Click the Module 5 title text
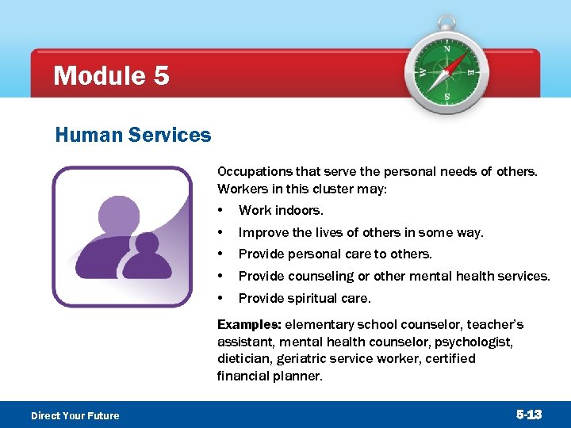click(111, 76)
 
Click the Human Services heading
click(133, 136)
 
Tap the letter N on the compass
click(446, 49)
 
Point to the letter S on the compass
click(446, 97)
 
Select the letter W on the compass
click(423, 73)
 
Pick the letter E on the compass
click(470, 73)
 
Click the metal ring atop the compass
click(446, 22)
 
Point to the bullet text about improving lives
click(360, 232)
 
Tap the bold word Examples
click(249, 325)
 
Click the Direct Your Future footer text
click(75, 415)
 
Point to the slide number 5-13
click(528, 415)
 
